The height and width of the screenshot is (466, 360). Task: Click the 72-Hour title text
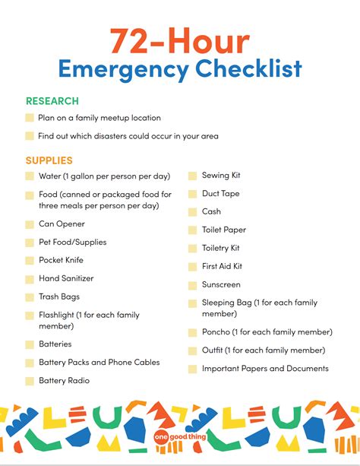(x=179, y=39)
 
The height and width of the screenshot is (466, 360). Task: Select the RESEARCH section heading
(x=52, y=100)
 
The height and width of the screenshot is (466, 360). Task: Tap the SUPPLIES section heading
(x=49, y=160)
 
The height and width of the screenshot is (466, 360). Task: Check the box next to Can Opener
(x=30, y=224)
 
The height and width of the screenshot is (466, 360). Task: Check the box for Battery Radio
(x=30, y=381)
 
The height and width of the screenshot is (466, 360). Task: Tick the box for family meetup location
(x=30, y=118)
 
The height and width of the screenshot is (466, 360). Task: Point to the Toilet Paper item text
(x=224, y=230)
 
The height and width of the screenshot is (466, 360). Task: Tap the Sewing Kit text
(x=220, y=176)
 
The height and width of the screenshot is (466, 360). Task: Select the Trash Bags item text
(x=59, y=296)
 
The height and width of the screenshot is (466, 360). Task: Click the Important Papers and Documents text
(x=265, y=369)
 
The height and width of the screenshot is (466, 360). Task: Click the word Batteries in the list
(x=55, y=344)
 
